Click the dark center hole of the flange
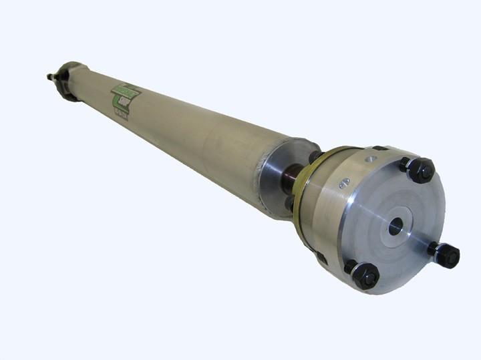395,226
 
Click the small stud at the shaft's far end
51,77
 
